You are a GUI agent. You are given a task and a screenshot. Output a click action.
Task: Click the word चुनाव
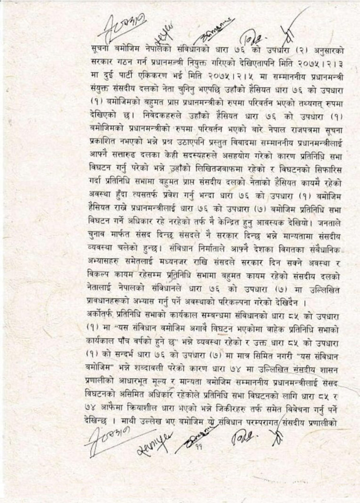97,226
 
